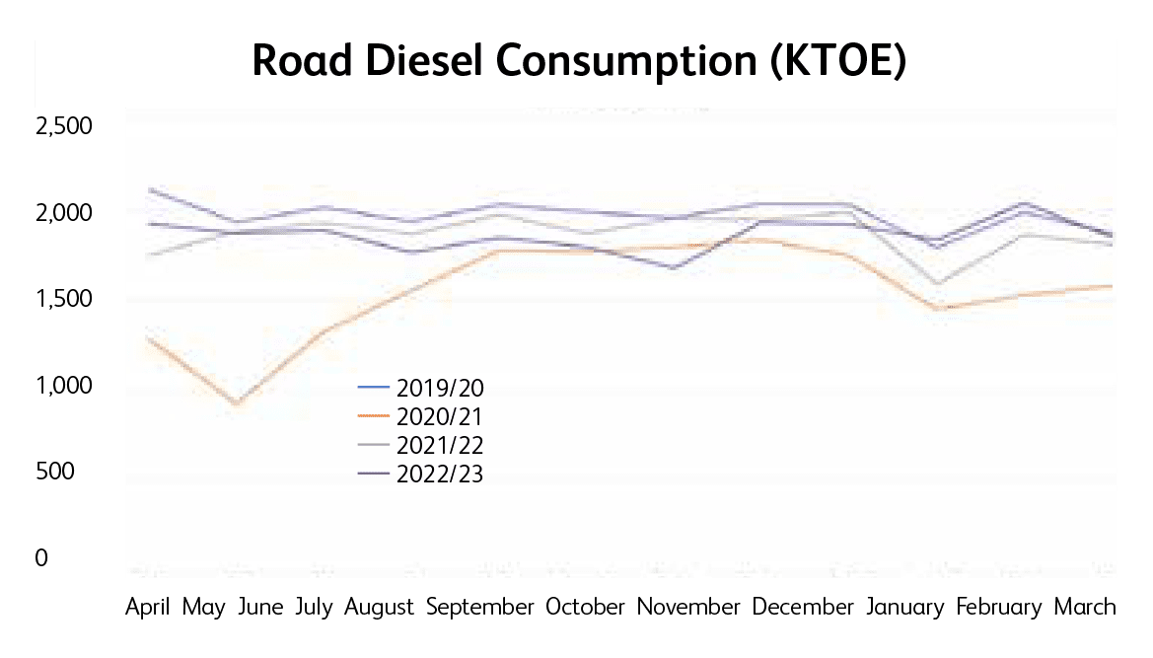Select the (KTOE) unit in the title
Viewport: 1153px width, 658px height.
[x=836, y=61]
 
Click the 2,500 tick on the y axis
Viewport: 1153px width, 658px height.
[x=63, y=127]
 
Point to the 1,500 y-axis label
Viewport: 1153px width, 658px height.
[x=63, y=300]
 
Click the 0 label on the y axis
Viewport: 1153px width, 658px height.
[x=42, y=558]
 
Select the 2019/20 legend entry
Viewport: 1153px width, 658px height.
[x=440, y=386]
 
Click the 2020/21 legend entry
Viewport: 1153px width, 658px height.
[x=440, y=415]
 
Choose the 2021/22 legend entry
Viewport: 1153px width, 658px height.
[x=440, y=445]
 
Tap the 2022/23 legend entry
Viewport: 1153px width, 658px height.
[x=440, y=475]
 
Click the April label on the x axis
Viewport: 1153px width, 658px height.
[x=148, y=607]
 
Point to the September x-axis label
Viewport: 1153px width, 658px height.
[x=480, y=607]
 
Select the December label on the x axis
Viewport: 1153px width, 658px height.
[x=803, y=607]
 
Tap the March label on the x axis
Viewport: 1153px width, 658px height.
[x=1085, y=607]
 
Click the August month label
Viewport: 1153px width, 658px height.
[x=379, y=607]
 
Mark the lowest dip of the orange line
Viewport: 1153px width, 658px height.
[x=237, y=403]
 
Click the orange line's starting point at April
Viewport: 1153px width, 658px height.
[x=147, y=337]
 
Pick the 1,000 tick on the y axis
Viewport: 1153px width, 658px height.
[x=63, y=386]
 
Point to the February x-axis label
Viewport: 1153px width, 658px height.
[x=999, y=607]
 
